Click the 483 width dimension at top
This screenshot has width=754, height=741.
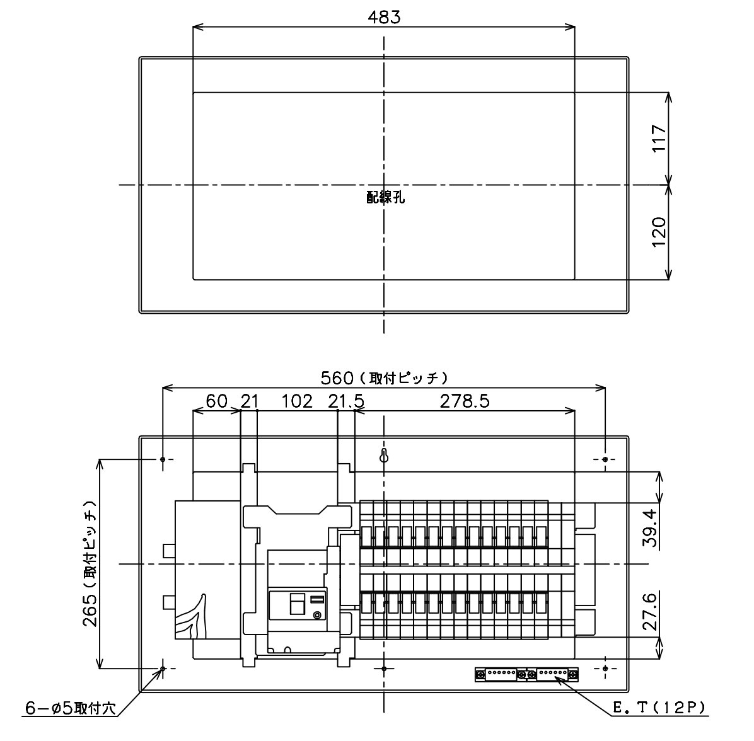click(x=384, y=17)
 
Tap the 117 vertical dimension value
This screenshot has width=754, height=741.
click(x=659, y=139)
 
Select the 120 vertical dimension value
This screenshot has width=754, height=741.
click(x=659, y=232)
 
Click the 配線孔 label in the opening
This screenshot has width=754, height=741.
click(x=386, y=197)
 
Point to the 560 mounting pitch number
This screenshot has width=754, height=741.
click(x=337, y=379)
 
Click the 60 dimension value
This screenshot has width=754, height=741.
click(x=216, y=401)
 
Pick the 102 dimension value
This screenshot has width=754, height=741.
click(x=297, y=401)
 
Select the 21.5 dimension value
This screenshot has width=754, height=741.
click(x=346, y=401)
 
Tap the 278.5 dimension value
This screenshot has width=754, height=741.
click(x=465, y=401)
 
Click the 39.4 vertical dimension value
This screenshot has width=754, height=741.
click(x=649, y=528)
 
